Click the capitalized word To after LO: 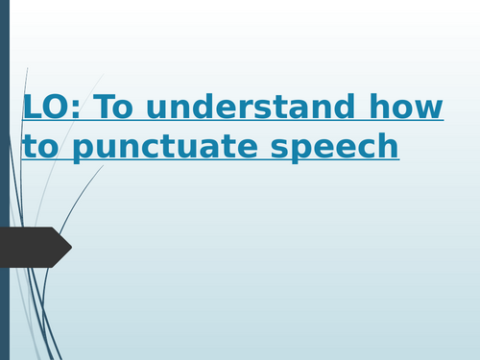click(124, 108)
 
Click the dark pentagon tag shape click(34, 247)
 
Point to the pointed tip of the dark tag click(70, 247)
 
